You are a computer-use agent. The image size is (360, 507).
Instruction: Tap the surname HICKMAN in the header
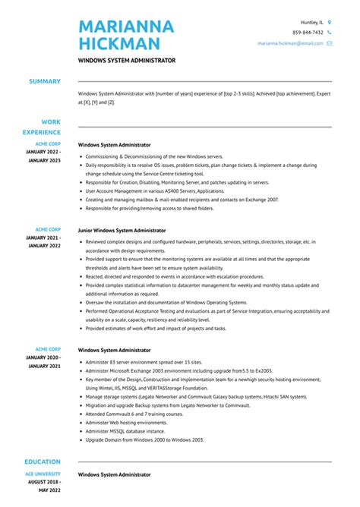pyautogui.click(x=119, y=44)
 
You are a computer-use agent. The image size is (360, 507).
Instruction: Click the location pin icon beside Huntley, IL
pyautogui.click(x=330, y=22)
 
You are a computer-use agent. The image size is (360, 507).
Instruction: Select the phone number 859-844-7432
pyautogui.click(x=308, y=33)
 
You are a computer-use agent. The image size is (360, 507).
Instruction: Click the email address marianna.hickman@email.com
pyautogui.click(x=290, y=43)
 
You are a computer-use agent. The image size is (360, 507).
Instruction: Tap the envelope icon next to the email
pyautogui.click(x=330, y=43)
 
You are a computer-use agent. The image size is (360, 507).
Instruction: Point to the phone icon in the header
pyautogui.click(x=330, y=33)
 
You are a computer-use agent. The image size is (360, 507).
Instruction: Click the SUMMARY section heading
pyautogui.click(x=46, y=81)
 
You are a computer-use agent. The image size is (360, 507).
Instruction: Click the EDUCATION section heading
pyautogui.click(x=43, y=461)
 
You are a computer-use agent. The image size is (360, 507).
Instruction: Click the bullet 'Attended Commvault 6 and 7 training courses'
pyautogui.click(x=134, y=414)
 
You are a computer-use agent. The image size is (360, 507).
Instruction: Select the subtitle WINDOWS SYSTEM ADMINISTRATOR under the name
pyautogui.click(x=127, y=60)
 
